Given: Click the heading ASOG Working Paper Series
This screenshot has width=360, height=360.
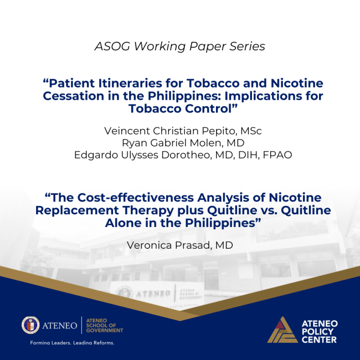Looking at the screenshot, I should coord(179,47).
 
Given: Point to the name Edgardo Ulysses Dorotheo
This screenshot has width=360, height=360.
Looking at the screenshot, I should coord(147,155).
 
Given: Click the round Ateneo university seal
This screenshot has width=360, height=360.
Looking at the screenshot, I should coord(30,325).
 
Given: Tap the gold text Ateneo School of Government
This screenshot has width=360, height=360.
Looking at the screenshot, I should coord(104,325).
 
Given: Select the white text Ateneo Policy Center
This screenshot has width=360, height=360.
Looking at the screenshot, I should coord(320,331).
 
